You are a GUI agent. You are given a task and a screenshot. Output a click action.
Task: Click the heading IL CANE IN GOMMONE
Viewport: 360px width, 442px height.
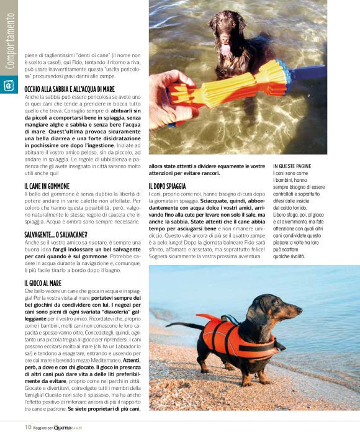point(47,186)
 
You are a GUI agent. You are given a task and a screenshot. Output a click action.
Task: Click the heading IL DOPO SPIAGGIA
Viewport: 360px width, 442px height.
point(167,186)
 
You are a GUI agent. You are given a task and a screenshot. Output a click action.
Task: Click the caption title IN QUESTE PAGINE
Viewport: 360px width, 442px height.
point(293,166)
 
